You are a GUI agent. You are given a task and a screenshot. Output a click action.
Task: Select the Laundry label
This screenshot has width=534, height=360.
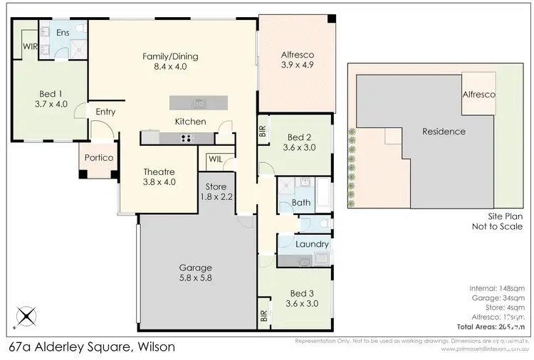point(312,244)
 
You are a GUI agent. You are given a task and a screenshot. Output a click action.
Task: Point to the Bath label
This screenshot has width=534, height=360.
point(302,203)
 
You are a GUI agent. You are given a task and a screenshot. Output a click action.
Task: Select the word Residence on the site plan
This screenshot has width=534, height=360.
point(443,132)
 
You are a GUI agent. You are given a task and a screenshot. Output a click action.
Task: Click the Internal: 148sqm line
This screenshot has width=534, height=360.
point(498,288)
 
